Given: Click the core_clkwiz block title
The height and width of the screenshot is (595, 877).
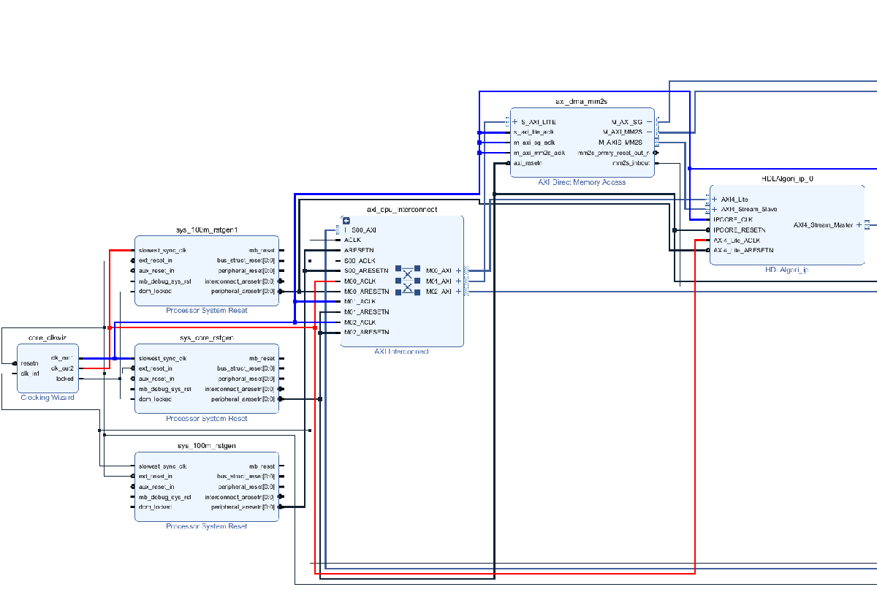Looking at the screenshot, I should click(x=48, y=338).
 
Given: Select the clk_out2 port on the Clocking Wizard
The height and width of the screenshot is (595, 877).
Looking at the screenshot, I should click(x=62, y=368).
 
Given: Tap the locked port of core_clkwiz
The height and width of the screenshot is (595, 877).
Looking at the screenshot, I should click(x=65, y=379).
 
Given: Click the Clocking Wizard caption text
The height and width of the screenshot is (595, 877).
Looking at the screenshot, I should click(x=48, y=398).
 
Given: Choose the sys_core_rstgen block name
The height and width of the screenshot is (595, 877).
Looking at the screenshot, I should click(x=207, y=338).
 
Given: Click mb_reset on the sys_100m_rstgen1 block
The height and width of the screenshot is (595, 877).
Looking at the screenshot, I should click(x=262, y=250).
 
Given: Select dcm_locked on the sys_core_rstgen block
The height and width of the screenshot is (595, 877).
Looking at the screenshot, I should click(x=155, y=399).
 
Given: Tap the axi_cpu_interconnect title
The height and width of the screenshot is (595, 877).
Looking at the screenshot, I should click(x=402, y=210).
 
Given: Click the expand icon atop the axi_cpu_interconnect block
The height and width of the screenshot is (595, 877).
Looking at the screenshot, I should click(x=346, y=220).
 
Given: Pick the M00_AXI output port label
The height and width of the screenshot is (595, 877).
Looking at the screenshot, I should click(x=438, y=270).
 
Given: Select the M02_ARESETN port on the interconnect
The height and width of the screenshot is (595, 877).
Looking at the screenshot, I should click(x=366, y=333).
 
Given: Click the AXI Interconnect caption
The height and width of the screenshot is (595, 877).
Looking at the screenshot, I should click(x=401, y=352).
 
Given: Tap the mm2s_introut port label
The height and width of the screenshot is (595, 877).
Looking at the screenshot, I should click(x=626, y=163).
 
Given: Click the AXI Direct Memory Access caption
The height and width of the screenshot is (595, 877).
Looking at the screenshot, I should click(x=582, y=182).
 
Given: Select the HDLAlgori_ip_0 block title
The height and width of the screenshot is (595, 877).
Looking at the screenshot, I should click(x=787, y=178).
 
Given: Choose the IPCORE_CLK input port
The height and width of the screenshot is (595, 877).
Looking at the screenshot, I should click(x=733, y=219).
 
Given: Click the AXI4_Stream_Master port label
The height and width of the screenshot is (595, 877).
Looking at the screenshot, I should click(x=823, y=225).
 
